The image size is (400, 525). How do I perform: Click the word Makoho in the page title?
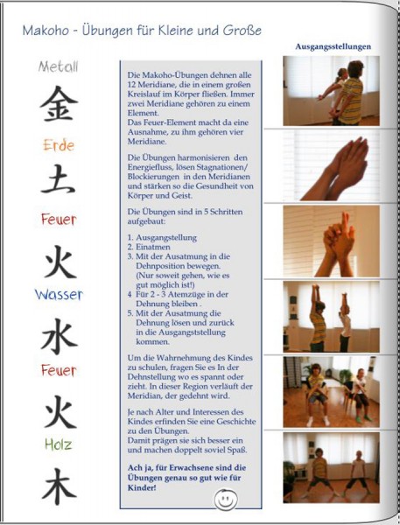pyautogui.click(x=45, y=31)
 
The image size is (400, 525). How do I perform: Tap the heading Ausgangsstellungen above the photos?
pyautogui.click(x=333, y=46)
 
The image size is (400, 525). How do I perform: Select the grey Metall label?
pyautogui.click(x=59, y=66)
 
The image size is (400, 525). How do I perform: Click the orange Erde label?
pyautogui.click(x=59, y=145)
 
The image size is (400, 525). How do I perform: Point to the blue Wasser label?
pyautogui.click(x=59, y=295)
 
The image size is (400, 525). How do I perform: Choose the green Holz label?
pyautogui.click(x=59, y=444)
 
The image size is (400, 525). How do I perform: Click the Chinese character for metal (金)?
pyautogui.click(x=59, y=103)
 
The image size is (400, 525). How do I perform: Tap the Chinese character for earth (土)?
pyautogui.click(x=58, y=178)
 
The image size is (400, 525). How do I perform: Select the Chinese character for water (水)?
pyautogui.click(x=60, y=336)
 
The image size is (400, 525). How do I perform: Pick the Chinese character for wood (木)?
pyautogui.click(x=60, y=486)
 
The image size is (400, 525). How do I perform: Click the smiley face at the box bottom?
pyautogui.click(x=226, y=500)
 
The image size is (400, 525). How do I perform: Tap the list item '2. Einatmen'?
pyautogui.click(x=149, y=247)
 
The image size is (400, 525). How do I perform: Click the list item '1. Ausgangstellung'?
pyautogui.click(x=162, y=238)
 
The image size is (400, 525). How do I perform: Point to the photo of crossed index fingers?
pyautogui.click(x=332, y=241)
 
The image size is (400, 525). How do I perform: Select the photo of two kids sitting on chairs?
pyautogui.click(x=332, y=392)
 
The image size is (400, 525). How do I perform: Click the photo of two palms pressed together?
pyautogui.click(x=332, y=165)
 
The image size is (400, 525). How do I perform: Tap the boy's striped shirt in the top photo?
pyautogui.click(x=352, y=101)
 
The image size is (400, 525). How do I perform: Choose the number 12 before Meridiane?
pyautogui.click(x=131, y=85)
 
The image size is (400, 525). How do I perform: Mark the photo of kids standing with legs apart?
pyautogui.click(x=332, y=467)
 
